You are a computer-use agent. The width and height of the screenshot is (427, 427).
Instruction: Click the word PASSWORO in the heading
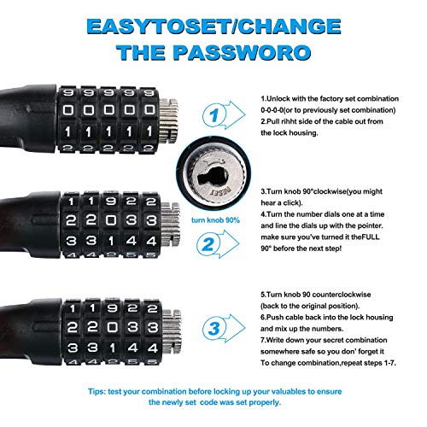tap(242, 53)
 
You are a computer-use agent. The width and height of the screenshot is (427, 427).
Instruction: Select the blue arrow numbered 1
tap(224, 115)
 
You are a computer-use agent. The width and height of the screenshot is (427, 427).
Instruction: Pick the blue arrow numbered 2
tap(218, 244)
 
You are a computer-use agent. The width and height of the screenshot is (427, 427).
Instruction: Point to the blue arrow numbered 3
tap(224, 329)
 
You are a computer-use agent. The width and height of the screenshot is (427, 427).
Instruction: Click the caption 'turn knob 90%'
tap(215, 220)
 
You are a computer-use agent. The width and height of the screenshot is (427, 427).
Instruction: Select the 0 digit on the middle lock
tap(111, 220)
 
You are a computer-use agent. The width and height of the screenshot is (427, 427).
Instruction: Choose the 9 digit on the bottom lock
tap(113, 307)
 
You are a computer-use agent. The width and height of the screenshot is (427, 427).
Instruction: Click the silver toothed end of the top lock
tap(168, 121)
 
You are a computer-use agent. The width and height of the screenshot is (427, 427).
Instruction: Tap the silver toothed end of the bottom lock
tap(172, 331)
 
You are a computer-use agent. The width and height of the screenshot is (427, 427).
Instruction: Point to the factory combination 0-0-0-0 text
tap(272, 110)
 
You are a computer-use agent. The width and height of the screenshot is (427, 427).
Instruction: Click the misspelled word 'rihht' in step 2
tap(290, 121)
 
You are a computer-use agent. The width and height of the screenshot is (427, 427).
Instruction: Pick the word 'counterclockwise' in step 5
tap(342, 295)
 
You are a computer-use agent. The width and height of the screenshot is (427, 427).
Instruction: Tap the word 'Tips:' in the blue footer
tap(97, 392)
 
